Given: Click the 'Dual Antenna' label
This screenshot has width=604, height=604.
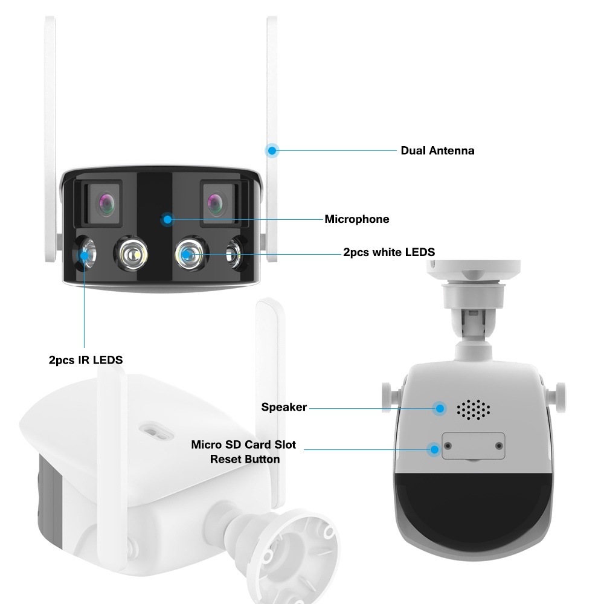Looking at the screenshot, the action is [x=437, y=150].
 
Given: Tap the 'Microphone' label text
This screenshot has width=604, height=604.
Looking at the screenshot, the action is [x=357, y=219].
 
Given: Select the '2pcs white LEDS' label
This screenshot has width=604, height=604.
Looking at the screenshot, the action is [x=389, y=252].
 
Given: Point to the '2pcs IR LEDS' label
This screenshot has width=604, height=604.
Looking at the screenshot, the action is [x=86, y=360].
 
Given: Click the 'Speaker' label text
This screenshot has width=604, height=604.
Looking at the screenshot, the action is [x=284, y=407].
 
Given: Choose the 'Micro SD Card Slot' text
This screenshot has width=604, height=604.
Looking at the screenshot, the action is [x=243, y=445].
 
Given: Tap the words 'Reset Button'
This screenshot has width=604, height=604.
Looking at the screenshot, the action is [x=245, y=459].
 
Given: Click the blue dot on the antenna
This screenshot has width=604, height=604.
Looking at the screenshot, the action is [x=272, y=150].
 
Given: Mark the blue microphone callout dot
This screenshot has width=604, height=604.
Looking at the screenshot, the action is [x=167, y=219].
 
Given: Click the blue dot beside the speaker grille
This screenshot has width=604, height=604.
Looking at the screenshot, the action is [x=440, y=408].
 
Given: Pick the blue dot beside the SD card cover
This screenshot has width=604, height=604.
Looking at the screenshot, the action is [x=433, y=449].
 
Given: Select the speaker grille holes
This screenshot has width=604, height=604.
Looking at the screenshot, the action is [x=474, y=409].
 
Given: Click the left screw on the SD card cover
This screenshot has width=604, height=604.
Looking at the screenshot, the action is [x=448, y=446].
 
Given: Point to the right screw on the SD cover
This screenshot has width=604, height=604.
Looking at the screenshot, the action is [x=498, y=446].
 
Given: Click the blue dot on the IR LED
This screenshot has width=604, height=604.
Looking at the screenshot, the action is [x=85, y=255].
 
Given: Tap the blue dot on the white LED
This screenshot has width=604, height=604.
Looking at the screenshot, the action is [x=189, y=254].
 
